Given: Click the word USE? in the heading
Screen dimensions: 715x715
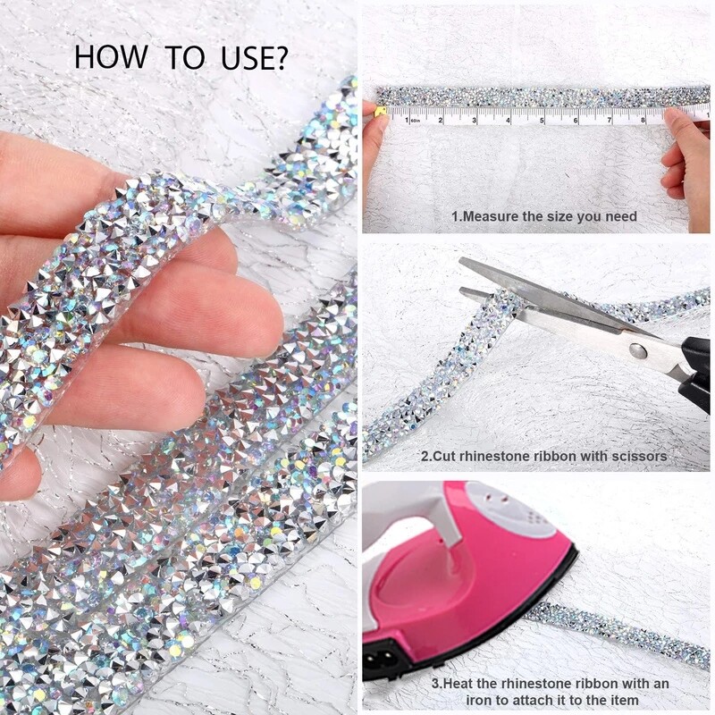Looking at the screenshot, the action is pyautogui.click(x=255, y=57).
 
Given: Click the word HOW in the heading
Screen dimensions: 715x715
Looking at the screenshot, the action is pyautogui.click(x=111, y=57).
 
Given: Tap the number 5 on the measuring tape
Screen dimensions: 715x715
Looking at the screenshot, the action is pyautogui.click(x=543, y=121).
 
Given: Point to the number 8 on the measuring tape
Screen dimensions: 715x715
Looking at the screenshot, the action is pyautogui.click(x=643, y=121).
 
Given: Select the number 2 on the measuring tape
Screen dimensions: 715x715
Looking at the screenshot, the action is pyautogui.click(x=441, y=121).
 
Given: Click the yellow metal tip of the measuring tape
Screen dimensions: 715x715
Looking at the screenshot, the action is pyautogui.click(x=381, y=113).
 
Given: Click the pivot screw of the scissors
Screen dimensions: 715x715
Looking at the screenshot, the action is pyautogui.click(x=637, y=351).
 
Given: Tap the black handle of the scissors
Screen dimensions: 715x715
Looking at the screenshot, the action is pyautogui.click(x=696, y=374).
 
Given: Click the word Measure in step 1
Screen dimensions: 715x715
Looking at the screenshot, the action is pyautogui.click(x=490, y=216).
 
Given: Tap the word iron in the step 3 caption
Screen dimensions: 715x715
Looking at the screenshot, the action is pyautogui.click(x=479, y=700).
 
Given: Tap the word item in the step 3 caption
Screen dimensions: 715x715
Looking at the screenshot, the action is pyautogui.click(x=625, y=700).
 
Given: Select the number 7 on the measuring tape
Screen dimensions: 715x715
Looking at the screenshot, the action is pyautogui.click(x=610, y=121).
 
